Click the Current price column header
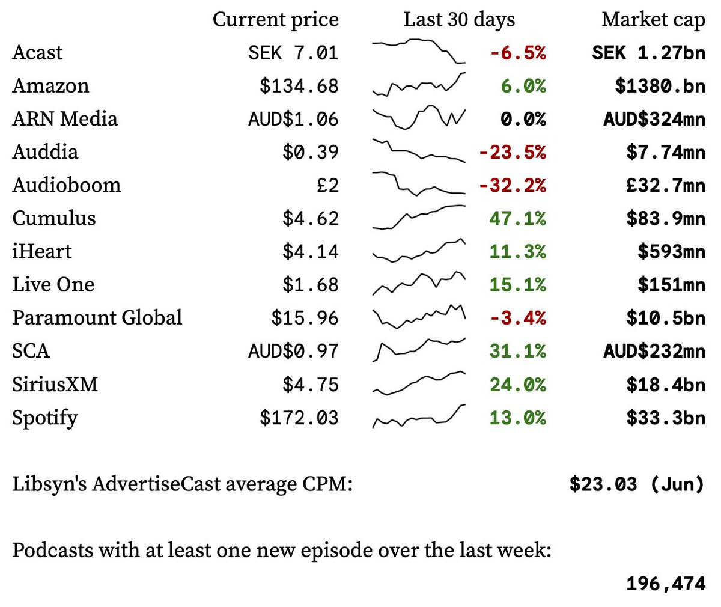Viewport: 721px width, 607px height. (275, 19)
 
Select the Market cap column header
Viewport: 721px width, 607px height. (653, 19)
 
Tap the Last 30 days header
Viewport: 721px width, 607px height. (459, 19)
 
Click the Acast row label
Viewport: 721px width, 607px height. (37, 52)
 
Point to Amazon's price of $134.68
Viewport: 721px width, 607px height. (299, 86)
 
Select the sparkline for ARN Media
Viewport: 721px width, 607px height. (419, 117)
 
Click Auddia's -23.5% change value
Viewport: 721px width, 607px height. (512, 152)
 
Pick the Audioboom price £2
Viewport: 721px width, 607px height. (327, 185)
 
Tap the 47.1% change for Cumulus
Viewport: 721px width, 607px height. (517, 218)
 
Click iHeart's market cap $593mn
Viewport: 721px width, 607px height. (671, 251)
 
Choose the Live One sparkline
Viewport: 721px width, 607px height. (419, 283)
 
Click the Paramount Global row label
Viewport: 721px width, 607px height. (97, 317)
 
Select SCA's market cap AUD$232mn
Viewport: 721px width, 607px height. (654, 351)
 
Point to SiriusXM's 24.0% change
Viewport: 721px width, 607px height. (517, 384)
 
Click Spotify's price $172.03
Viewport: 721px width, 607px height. (299, 418)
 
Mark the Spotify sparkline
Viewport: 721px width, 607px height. (419, 416)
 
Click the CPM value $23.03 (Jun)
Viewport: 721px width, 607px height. (636, 484)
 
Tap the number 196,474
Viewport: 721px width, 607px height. (665, 583)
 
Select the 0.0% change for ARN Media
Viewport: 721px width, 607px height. (523, 119)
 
